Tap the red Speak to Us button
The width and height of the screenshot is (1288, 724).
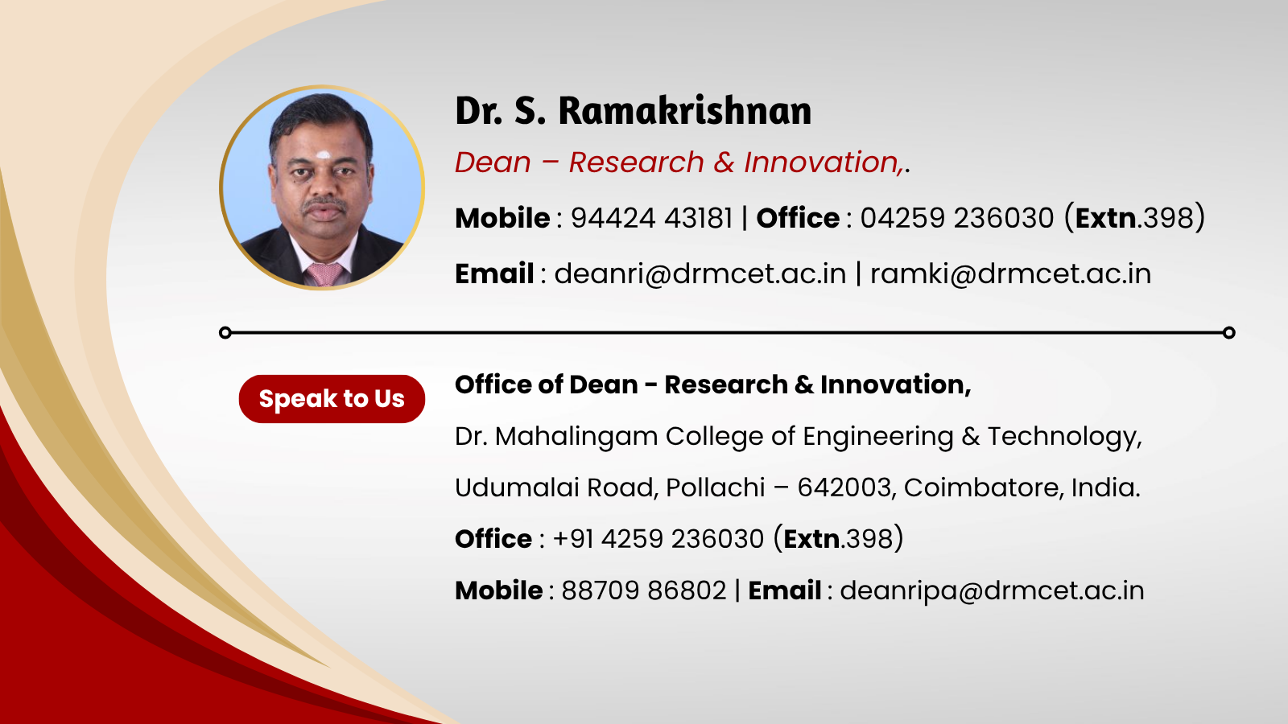click(332, 399)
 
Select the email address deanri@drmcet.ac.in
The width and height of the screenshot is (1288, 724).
click(700, 274)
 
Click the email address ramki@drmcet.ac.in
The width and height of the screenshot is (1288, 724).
click(1010, 274)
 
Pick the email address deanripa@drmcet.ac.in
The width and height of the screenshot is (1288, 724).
click(992, 591)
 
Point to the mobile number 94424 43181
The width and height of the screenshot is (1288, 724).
click(651, 218)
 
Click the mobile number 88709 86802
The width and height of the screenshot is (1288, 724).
click(643, 590)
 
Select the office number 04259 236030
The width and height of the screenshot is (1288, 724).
click(957, 218)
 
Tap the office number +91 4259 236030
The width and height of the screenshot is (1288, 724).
click(658, 539)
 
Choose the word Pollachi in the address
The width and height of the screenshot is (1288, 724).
click(716, 487)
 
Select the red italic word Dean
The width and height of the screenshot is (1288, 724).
click(493, 162)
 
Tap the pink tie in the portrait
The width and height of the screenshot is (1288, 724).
click(325, 274)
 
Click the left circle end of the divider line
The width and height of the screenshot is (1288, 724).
click(225, 333)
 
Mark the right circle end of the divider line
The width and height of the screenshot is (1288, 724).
click(1228, 333)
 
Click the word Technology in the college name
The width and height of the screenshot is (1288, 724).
click(1064, 437)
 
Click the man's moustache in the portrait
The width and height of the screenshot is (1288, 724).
click(325, 204)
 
